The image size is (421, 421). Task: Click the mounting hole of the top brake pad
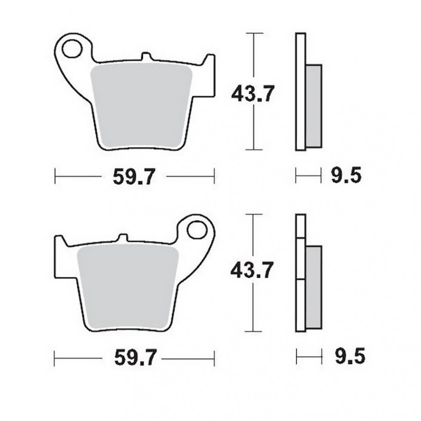point(72,49)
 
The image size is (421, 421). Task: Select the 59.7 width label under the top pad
point(134,176)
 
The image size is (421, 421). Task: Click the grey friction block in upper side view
point(314,105)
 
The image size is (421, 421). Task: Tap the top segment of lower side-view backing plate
point(300,226)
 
